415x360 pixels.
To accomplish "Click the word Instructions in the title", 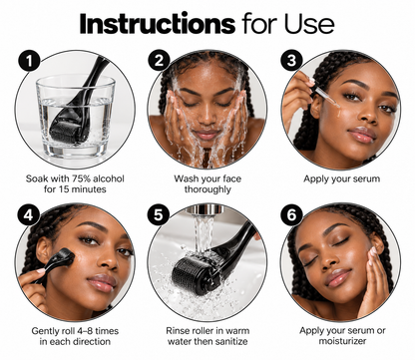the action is click(x=158, y=24).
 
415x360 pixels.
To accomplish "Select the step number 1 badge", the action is click(x=29, y=60).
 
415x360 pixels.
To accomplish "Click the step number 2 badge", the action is click(x=159, y=60).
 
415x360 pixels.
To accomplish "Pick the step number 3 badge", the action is click(x=291, y=60).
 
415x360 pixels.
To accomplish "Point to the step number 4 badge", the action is click(x=29, y=214).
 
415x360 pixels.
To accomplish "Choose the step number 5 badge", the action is click(x=159, y=214).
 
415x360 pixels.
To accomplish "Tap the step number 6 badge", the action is click(x=291, y=214).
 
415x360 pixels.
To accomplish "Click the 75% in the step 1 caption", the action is click(x=80, y=179).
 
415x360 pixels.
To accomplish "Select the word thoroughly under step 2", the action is click(x=207, y=189).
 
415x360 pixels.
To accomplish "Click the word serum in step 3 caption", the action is click(x=366, y=179).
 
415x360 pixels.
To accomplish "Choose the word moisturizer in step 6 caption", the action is click(x=342, y=341).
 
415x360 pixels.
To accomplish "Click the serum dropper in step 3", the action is click(x=326, y=97).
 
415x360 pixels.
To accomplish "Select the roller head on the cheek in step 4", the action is click(x=66, y=256).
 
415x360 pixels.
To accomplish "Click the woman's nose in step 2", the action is click(x=207, y=117).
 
